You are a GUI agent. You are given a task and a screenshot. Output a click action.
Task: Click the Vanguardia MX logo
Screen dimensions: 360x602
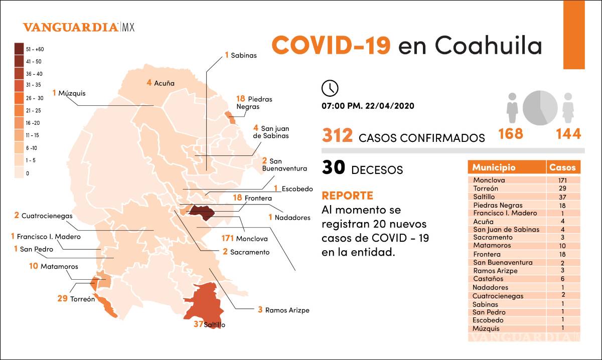click(79, 27)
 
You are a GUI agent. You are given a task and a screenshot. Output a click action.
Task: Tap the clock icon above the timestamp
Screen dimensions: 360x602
click(330, 88)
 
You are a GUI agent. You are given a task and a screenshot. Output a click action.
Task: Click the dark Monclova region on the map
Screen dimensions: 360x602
click(201, 212)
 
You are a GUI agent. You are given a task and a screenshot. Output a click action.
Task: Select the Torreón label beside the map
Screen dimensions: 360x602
click(76, 299)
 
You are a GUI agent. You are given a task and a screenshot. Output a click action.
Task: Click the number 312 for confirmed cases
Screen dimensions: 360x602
click(338, 136)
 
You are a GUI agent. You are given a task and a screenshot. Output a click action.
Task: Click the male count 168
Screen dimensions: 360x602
click(510, 134)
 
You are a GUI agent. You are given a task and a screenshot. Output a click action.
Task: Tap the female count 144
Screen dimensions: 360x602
click(568, 134)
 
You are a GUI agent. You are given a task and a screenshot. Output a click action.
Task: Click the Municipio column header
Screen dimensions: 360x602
click(494, 167)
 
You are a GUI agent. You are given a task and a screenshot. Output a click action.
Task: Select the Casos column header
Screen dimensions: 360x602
click(563, 167)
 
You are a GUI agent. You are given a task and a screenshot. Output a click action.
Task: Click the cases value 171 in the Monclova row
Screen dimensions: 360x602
click(563, 180)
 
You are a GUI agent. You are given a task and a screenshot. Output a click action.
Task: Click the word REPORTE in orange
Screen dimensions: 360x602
click(347, 196)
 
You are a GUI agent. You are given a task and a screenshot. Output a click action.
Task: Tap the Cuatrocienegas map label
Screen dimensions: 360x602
click(43, 216)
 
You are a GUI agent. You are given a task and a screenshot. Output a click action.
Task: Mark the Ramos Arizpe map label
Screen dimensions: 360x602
click(283, 310)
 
